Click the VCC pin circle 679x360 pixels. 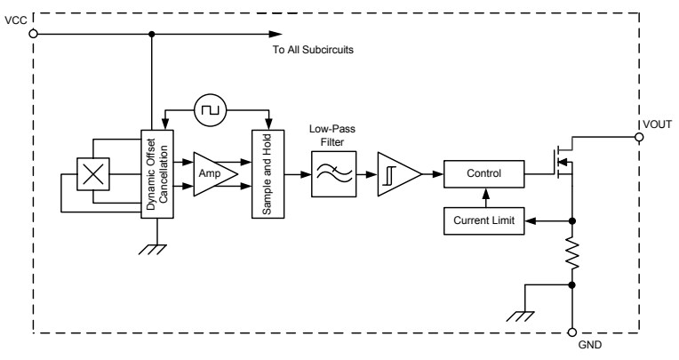pos(33,35)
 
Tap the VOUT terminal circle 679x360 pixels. pos(638,138)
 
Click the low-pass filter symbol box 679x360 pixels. pos(328,173)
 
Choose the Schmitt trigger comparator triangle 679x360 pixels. pos(396,173)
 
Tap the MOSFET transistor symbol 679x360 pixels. pos(560,162)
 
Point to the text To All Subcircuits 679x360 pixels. pos(313,50)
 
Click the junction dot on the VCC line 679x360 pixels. pos(152,35)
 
